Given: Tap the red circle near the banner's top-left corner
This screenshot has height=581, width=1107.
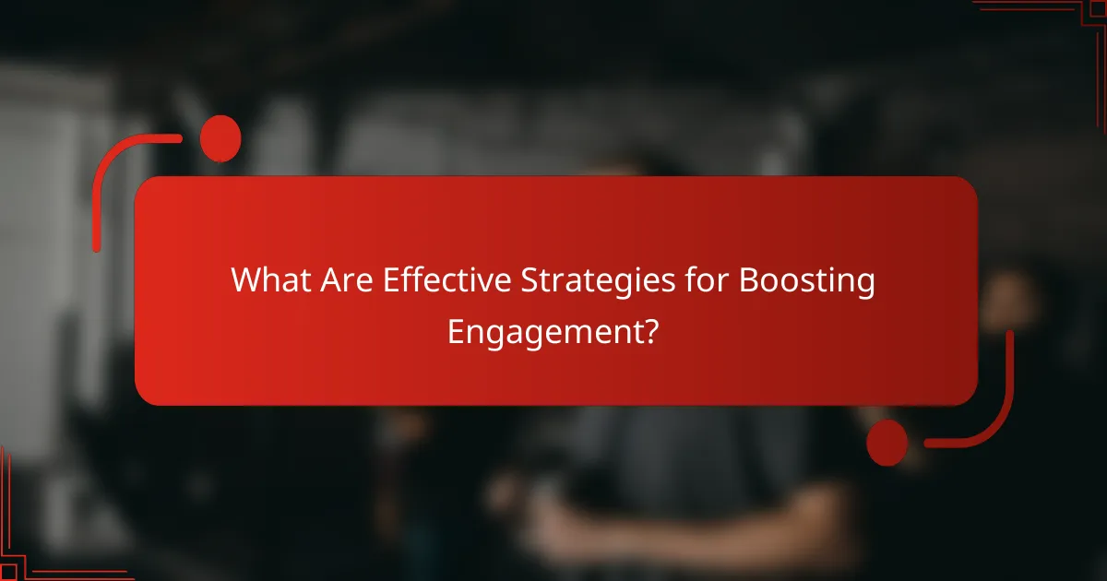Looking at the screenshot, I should [x=220, y=139].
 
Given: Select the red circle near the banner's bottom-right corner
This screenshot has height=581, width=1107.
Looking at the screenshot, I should [x=887, y=443].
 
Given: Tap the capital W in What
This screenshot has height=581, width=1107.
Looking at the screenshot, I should [x=246, y=280].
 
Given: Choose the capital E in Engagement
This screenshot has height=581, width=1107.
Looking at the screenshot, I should [x=456, y=330].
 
